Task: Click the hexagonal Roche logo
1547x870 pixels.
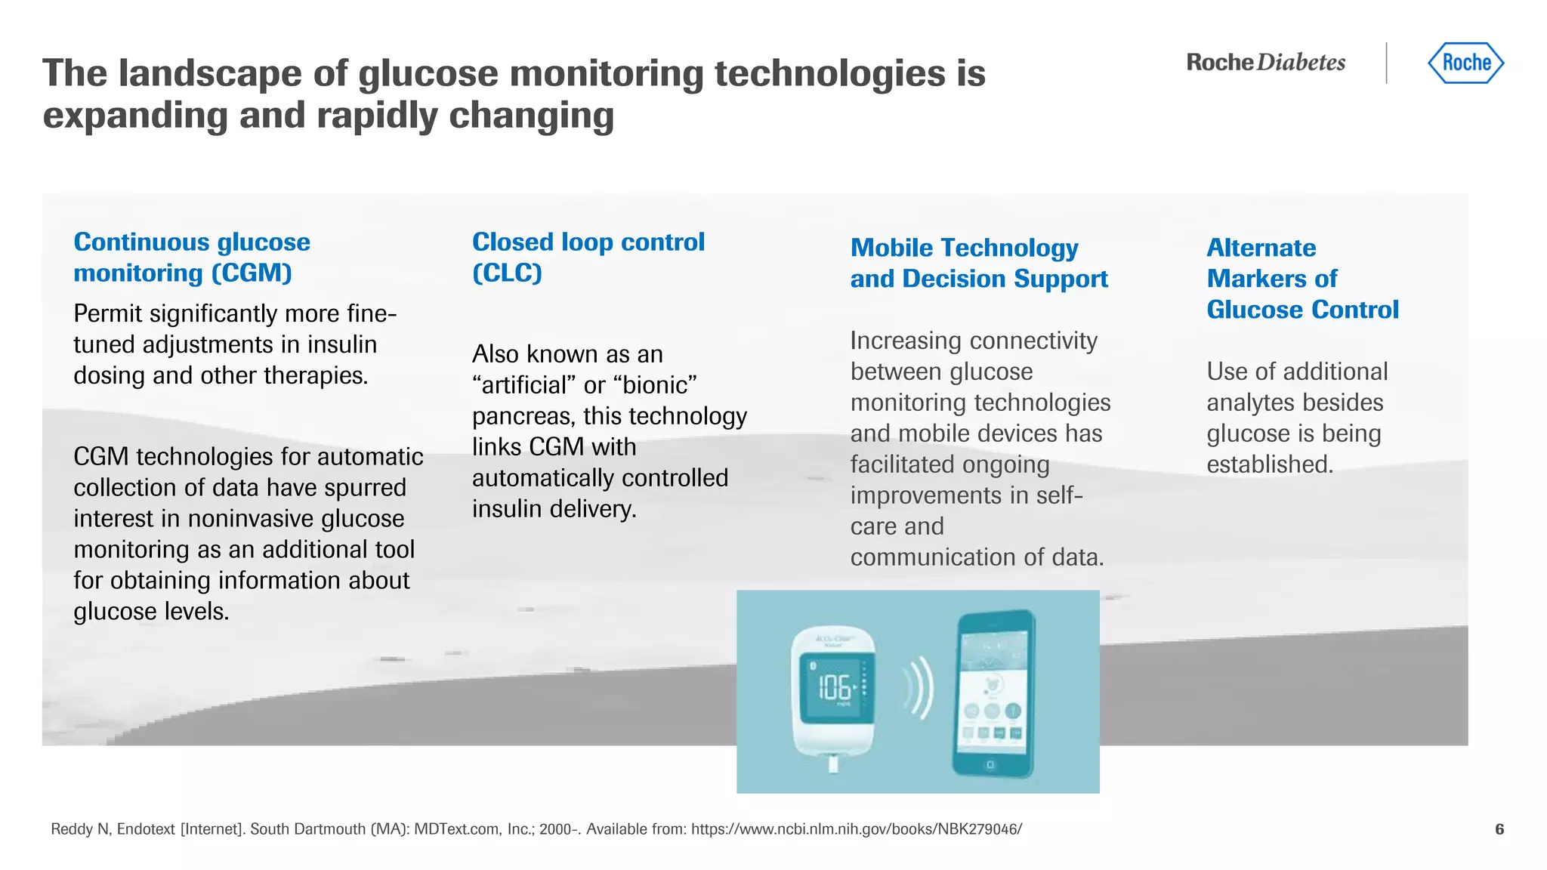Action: tap(1465, 63)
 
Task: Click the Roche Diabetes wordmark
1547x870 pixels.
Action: tap(1266, 63)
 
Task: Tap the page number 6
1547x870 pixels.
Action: tap(1499, 829)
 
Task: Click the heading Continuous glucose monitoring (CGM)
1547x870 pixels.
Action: tap(192, 257)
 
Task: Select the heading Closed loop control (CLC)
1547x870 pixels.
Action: tap(588, 257)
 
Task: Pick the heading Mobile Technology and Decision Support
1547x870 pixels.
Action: tap(979, 263)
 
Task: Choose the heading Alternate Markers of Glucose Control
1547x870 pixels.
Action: tap(1302, 278)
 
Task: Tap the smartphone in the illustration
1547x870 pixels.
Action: tap(993, 693)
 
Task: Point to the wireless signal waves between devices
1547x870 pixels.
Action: tap(919, 688)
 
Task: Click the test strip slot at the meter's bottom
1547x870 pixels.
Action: tap(833, 764)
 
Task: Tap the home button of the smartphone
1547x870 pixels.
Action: tap(990, 765)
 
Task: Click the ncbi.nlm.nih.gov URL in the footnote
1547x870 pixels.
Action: tap(857, 829)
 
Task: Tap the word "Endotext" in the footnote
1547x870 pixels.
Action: tap(146, 829)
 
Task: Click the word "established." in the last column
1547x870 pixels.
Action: tap(1270, 464)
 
